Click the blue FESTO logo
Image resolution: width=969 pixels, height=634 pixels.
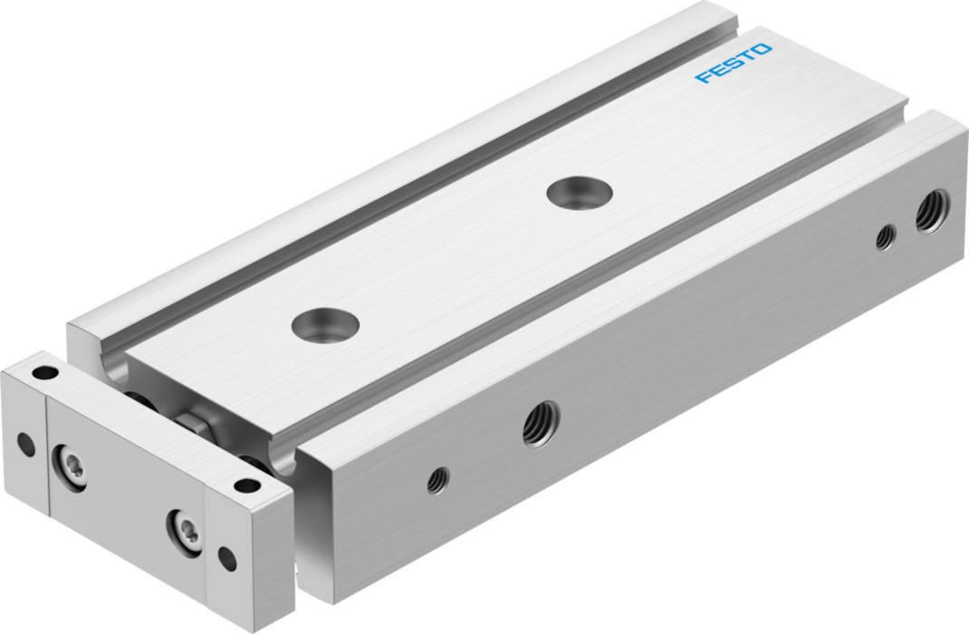734,62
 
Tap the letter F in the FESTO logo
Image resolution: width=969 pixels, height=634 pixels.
704,77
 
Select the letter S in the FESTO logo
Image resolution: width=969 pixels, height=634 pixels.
733,62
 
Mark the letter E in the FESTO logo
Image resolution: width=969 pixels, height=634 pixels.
718,69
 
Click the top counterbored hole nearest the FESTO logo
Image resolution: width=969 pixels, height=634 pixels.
579,192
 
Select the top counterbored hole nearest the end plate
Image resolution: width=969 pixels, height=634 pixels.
325,325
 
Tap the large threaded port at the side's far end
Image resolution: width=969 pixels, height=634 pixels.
932,211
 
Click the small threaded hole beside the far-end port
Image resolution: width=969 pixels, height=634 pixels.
886,237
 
